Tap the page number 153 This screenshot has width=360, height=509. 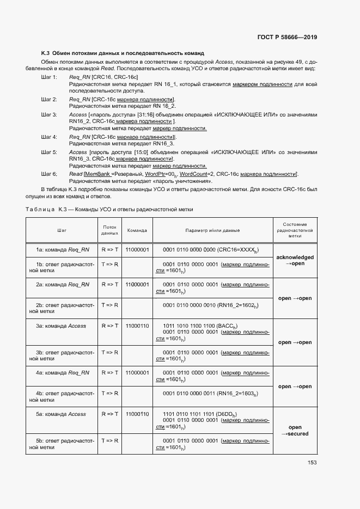tap(312, 463)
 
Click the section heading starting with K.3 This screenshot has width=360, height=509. tap(123, 53)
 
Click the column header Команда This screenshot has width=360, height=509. tap(137, 230)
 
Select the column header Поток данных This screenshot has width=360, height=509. tap(109, 230)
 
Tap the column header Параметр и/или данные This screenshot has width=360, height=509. tap(212, 230)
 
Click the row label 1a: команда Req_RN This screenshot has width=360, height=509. tap(63, 249)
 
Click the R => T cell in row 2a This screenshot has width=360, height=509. tap(109, 284)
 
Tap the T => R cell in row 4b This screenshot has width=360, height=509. tap(109, 393)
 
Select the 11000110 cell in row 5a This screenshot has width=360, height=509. tap(137, 414)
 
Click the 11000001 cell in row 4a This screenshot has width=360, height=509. tap(137, 373)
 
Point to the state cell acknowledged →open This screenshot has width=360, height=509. tap(295, 260)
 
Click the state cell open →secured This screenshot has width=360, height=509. tap(295, 431)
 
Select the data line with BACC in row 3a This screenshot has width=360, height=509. tap(200, 326)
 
